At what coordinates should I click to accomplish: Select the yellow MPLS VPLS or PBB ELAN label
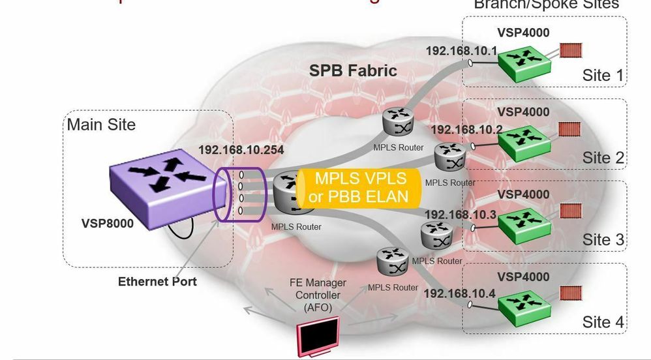pyautogui.click(x=360, y=187)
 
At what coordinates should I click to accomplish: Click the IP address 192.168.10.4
pyautogui.click(x=459, y=293)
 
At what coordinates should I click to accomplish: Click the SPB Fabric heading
pyautogui.click(x=352, y=70)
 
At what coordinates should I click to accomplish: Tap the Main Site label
pyautogui.click(x=101, y=124)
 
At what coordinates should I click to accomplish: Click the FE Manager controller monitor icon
pyautogui.click(x=318, y=335)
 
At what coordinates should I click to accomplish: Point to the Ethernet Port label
pyautogui.click(x=157, y=282)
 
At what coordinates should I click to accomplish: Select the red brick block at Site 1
pyautogui.click(x=570, y=50)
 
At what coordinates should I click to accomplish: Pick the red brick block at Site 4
pyautogui.click(x=570, y=293)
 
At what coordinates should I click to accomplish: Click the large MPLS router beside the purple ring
pyautogui.click(x=289, y=192)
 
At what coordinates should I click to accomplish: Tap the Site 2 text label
pyautogui.click(x=603, y=157)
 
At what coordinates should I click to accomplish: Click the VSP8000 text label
pyautogui.click(x=108, y=224)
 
